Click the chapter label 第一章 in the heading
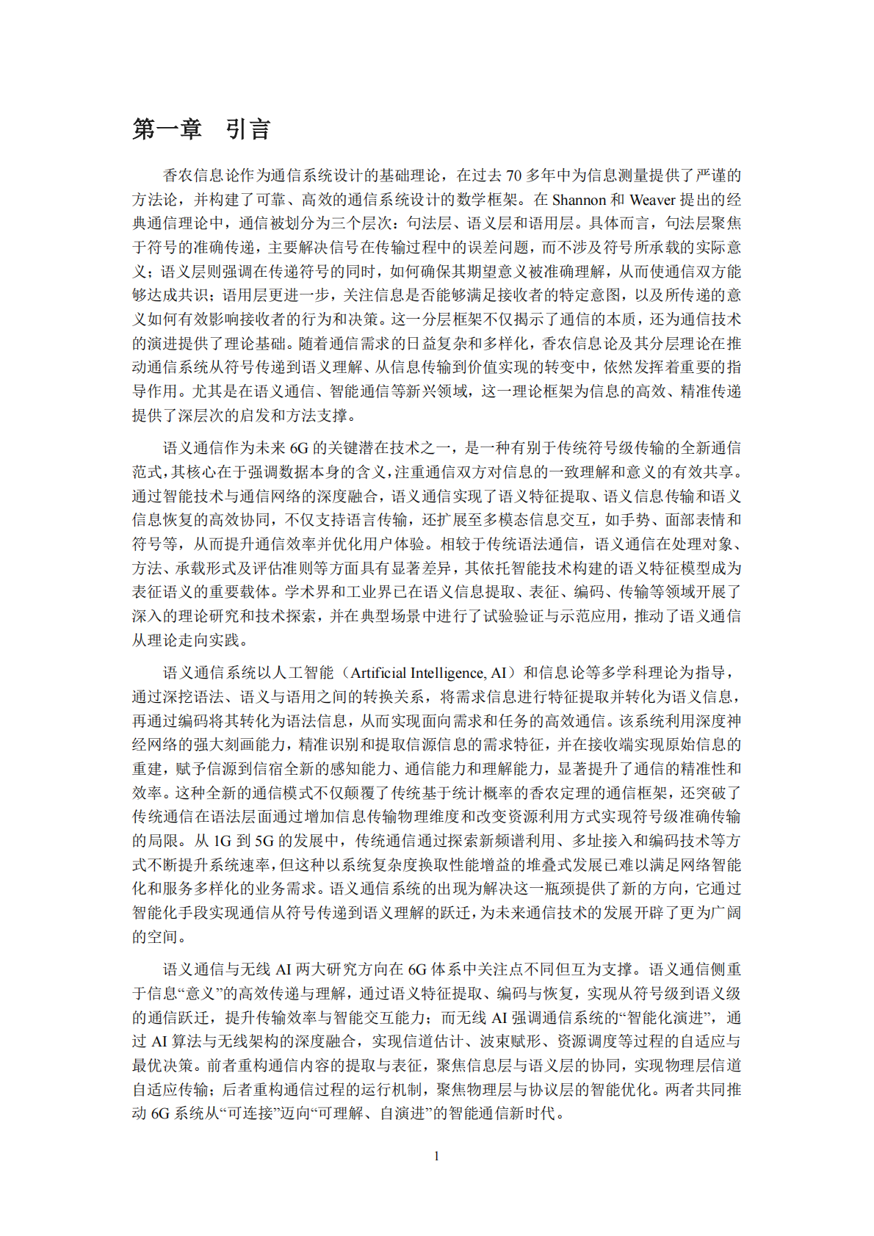[167, 129]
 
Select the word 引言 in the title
[248, 129]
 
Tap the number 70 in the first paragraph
[514, 176]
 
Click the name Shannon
[579, 200]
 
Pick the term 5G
[264, 841]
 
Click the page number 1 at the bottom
[437, 1156]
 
